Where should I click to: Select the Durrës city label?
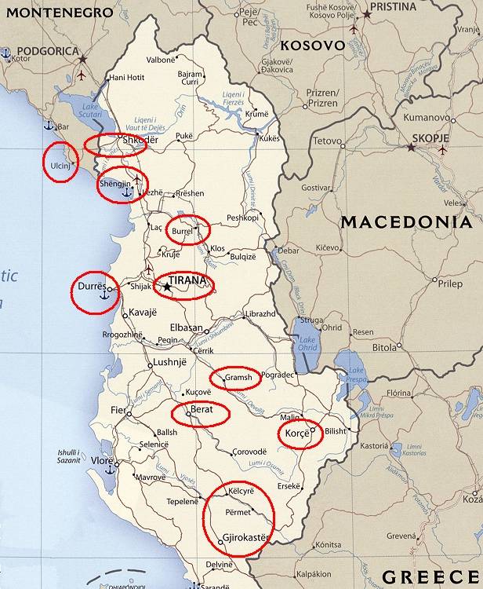[x=91, y=287]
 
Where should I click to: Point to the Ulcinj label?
[x=60, y=166]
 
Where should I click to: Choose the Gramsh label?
[x=239, y=378]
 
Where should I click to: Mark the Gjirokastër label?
[x=246, y=538]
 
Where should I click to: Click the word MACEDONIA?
[x=406, y=222]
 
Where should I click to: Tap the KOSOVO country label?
[x=313, y=46]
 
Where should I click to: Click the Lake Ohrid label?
[x=306, y=343]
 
